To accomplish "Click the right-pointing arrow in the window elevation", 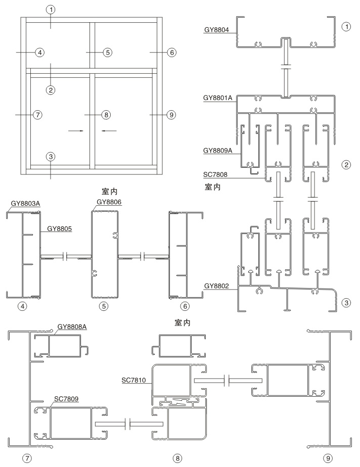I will click(x=75, y=130).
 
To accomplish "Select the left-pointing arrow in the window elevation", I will click(x=109, y=130).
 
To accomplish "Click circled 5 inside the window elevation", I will click(x=107, y=52).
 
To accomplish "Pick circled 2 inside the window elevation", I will click(x=50, y=89).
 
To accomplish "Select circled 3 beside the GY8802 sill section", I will click(x=346, y=303).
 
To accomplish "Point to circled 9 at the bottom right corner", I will click(x=329, y=457).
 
